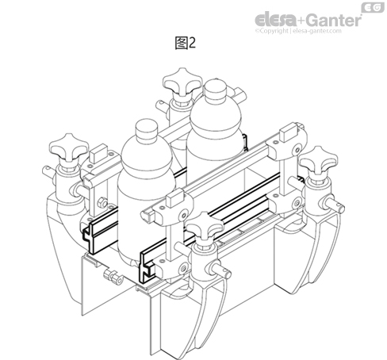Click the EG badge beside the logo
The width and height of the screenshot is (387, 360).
pyautogui.click(x=371, y=7)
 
